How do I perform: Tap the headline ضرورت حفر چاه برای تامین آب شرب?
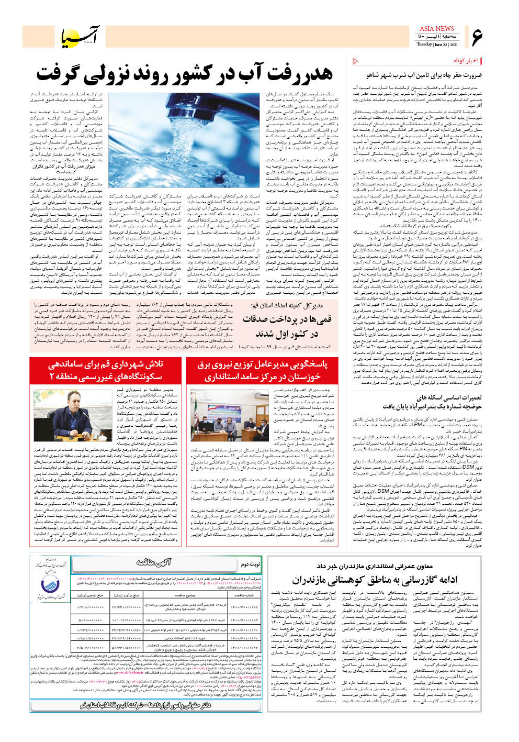tap(424, 76)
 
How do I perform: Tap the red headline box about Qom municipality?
tap(106, 370)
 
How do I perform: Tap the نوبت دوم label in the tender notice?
tap(250, 564)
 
